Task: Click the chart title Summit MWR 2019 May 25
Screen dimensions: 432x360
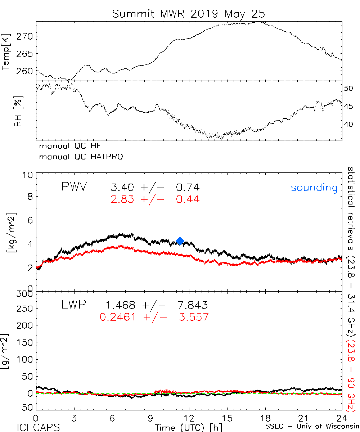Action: point(188,14)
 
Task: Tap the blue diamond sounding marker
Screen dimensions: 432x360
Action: point(180,241)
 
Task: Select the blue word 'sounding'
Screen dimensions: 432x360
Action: point(314,188)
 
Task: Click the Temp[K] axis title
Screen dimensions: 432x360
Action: point(6,50)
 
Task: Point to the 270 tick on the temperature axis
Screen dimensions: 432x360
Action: point(24,36)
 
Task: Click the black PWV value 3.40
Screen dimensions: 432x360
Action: point(123,188)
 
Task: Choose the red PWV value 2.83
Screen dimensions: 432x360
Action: point(123,199)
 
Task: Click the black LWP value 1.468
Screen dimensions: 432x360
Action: point(120,306)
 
